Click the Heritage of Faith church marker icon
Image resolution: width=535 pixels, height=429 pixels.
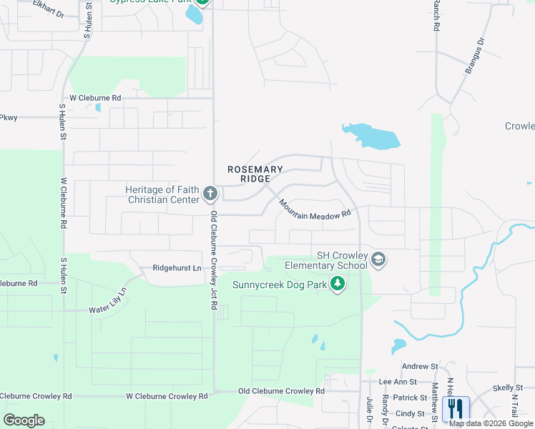click(210, 194)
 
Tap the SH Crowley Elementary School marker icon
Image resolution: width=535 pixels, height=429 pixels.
click(379, 260)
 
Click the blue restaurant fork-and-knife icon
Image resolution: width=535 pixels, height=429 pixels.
click(456, 408)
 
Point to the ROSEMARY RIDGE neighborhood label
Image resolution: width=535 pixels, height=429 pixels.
click(255, 174)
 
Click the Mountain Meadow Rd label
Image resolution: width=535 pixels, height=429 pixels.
click(315, 209)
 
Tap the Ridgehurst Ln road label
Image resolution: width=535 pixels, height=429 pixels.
click(177, 268)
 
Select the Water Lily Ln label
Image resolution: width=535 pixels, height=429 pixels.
click(107, 301)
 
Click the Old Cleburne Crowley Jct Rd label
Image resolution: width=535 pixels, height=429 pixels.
click(213, 260)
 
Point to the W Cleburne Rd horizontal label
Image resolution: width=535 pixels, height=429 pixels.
click(95, 97)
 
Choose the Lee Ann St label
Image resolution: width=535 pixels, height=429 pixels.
click(398, 383)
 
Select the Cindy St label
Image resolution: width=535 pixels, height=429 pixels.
click(410, 413)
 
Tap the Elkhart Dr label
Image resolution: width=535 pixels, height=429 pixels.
click(45, 11)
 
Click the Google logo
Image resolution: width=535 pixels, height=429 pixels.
click(24, 420)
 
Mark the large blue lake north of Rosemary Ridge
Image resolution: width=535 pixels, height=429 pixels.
click(371, 136)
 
